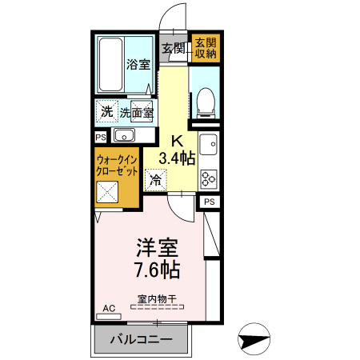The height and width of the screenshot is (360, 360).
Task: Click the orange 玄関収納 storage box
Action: click(x=205, y=48)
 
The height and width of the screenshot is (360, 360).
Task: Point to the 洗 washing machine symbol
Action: click(x=106, y=110)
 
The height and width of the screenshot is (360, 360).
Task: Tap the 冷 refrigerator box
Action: click(x=155, y=179)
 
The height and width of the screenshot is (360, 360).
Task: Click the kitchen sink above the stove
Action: click(x=208, y=146)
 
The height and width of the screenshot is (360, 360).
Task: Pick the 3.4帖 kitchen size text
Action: click(x=177, y=158)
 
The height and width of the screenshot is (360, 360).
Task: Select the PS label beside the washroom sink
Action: click(x=100, y=137)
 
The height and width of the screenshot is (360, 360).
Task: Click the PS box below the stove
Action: click(x=208, y=202)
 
